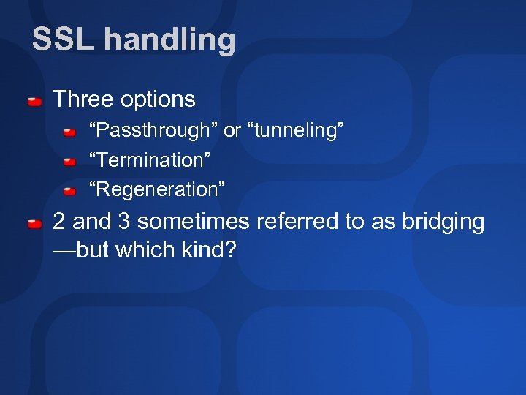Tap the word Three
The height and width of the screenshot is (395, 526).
coord(83,99)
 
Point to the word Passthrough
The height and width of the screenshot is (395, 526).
coord(153,132)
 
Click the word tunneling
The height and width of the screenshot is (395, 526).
coord(295,132)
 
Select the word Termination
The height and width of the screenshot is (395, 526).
coord(150,160)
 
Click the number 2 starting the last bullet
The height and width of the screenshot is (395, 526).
coord(60,222)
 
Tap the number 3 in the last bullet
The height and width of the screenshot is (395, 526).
coord(123,222)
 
